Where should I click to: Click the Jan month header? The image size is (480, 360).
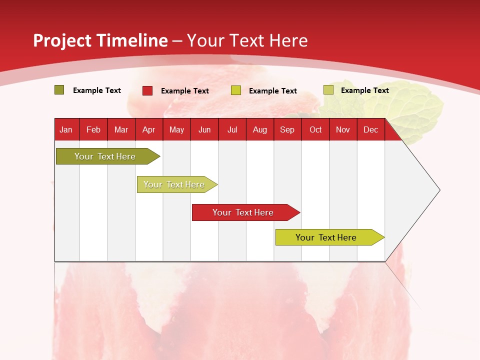[x=66, y=129]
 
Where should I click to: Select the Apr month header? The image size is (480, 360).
[x=149, y=129]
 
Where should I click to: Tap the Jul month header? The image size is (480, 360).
[x=232, y=129]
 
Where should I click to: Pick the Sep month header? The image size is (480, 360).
[x=287, y=129]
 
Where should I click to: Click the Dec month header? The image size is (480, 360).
[x=370, y=129]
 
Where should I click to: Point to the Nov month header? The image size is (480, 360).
[x=343, y=129]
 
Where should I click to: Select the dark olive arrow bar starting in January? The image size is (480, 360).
[x=105, y=156]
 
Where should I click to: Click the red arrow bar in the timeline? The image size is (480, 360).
[x=243, y=212]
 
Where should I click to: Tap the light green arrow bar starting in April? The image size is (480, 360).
[x=174, y=184]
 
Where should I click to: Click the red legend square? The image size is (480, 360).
[x=147, y=90]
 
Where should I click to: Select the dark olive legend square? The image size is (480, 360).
[x=59, y=90]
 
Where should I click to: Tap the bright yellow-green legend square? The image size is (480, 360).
[x=236, y=90]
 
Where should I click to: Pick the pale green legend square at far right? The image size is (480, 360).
[x=328, y=90]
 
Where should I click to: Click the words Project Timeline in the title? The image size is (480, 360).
[x=100, y=40]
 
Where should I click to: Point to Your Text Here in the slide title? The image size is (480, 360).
[x=247, y=40]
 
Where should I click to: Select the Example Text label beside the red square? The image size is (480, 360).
[x=185, y=91]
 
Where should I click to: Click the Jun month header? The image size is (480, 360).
[x=204, y=129]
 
